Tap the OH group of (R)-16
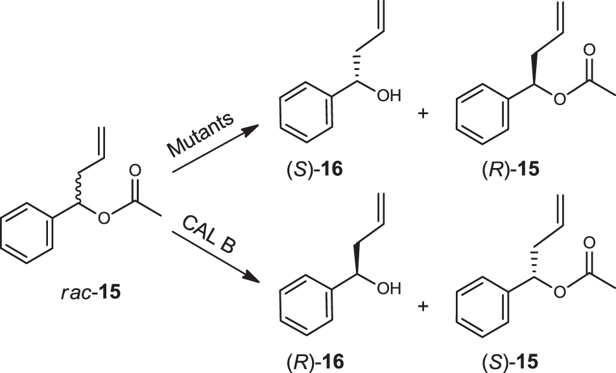389,287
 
